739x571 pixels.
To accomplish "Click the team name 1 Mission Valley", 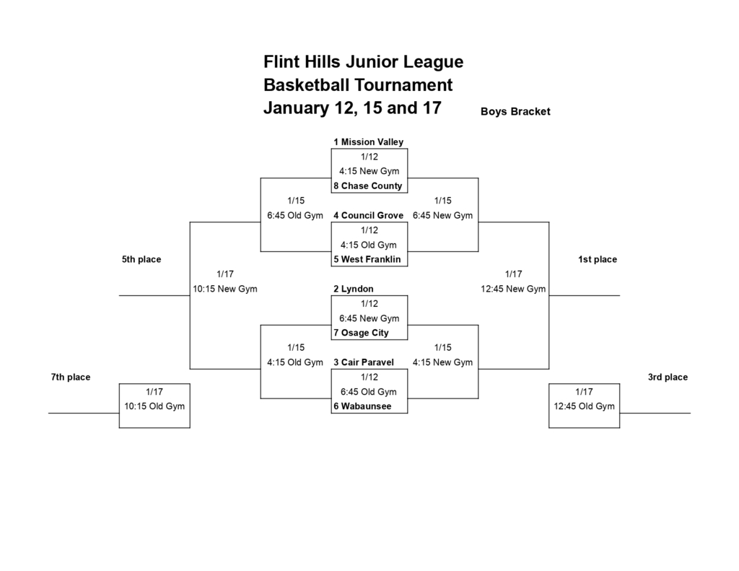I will pyautogui.click(x=368, y=142).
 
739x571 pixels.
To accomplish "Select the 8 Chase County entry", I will pyautogui.click(x=367, y=186).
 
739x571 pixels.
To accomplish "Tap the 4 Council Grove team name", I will pyautogui.click(x=368, y=216).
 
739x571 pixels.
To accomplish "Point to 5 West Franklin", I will pyautogui.click(x=367, y=260).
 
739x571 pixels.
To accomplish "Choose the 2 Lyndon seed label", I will pyautogui.click(x=353, y=289).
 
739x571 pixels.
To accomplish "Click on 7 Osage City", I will pyautogui.click(x=361, y=333).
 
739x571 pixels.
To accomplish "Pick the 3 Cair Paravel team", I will pyautogui.click(x=363, y=362).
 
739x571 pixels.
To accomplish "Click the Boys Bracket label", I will pyautogui.click(x=515, y=112).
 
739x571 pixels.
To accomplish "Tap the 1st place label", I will pyautogui.click(x=598, y=260).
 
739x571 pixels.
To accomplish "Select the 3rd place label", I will pyautogui.click(x=668, y=378).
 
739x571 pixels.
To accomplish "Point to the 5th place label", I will pyautogui.click(x=141, y=260).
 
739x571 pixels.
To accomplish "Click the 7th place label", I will pyautogui.click(x=71, y=378).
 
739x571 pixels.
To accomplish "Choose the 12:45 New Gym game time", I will pyautogui.click(x=513, y=289).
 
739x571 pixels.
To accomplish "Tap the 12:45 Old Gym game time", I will pyautogui.click(x=584, y=406).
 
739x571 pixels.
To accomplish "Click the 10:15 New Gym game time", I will pyautogui.click(x=224, y=289).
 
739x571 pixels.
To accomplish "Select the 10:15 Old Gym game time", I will pyautogui.click(x=154, y=406).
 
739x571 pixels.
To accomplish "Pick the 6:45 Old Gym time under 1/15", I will pyautogui.click(x=294, y=216).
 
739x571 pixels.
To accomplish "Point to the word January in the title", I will pyautogui.click(x=296, y=109).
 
